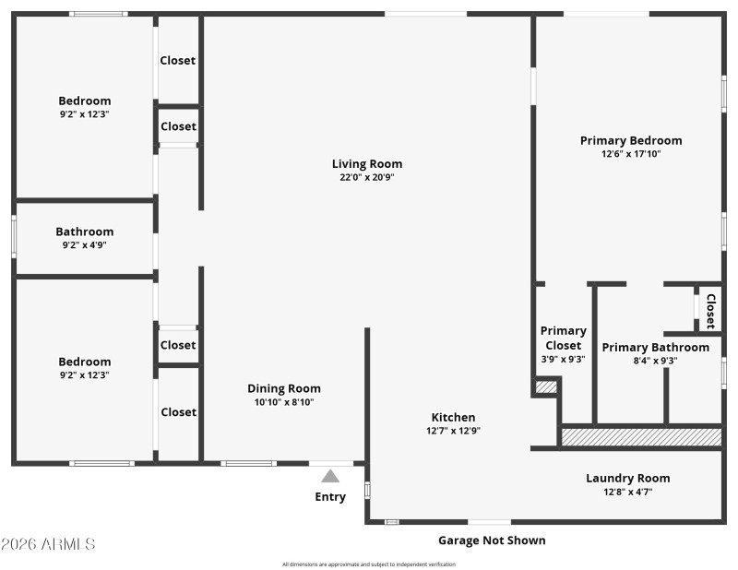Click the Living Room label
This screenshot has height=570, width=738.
[367, 164]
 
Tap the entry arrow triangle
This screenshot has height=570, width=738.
[330, 477]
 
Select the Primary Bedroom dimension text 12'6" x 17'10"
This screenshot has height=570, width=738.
[631, 154]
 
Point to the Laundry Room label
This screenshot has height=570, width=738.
[627, 478]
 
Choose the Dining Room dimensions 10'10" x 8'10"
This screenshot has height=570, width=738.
[284, 402]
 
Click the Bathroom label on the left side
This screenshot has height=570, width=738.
[85, 232]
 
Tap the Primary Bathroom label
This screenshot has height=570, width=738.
[655, 347]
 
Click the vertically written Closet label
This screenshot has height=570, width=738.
[710, 311]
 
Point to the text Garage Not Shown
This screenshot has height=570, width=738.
[491, 540]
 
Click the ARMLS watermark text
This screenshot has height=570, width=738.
[48, 544]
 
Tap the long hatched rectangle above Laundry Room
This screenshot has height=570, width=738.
[640, 436]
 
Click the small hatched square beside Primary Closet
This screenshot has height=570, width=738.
[546, 387]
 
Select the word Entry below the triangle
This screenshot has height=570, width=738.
[330, 497]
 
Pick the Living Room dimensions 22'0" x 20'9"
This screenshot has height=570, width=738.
[367, 177]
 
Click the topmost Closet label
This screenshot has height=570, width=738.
[178, 60]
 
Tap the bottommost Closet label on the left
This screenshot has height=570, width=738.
[178, 412]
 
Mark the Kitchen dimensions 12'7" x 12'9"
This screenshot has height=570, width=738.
[452, 431]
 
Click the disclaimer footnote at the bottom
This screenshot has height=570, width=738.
[369, 564]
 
